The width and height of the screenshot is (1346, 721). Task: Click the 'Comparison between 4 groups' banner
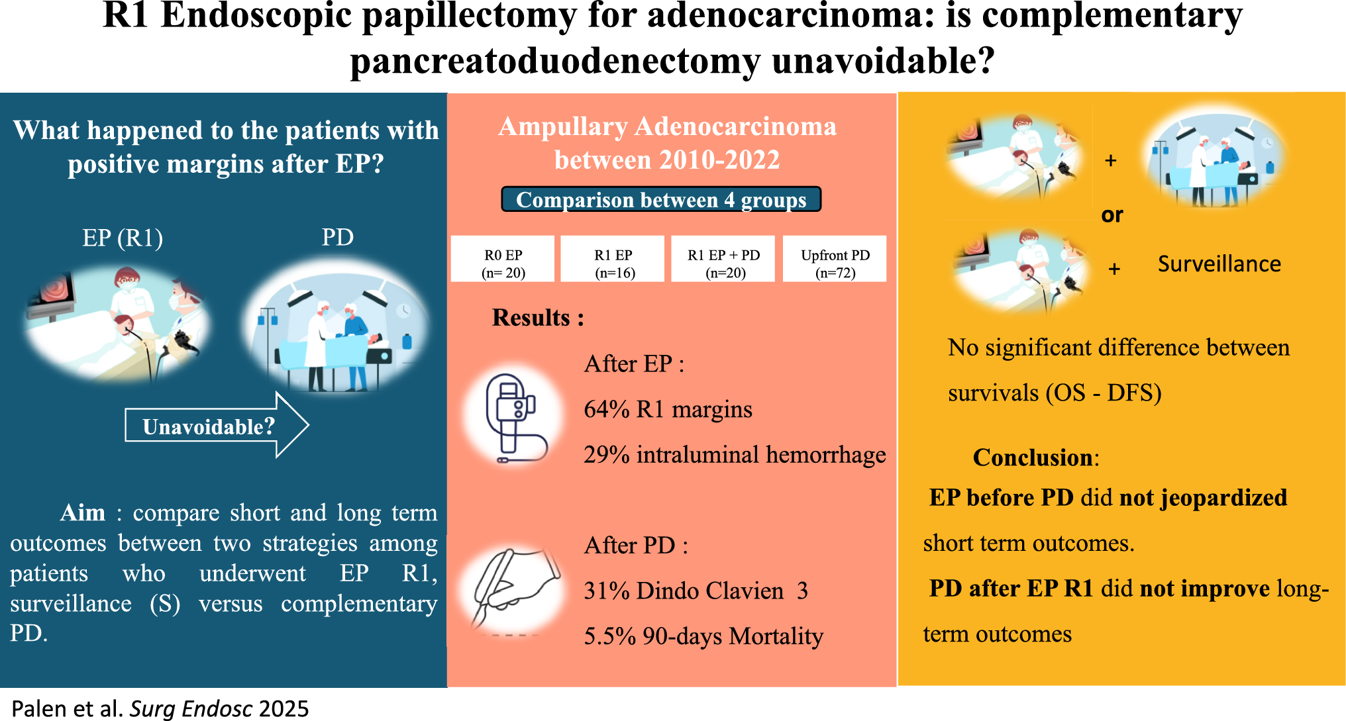[661, 199]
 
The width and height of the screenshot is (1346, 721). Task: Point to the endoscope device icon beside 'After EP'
[514, 417]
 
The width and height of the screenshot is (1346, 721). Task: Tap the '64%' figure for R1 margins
[606, 410]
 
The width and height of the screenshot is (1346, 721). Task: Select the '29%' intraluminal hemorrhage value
[606, 456]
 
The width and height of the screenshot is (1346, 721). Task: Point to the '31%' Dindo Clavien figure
[606, 591]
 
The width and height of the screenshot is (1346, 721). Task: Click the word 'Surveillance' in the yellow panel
[1219, 264]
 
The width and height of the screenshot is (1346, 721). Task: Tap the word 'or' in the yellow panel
[1112, 215]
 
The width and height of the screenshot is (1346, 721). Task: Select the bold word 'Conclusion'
[1032, 457]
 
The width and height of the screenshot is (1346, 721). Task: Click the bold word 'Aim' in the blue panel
[83, 513]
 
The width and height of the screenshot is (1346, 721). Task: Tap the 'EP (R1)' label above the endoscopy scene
[123, 238]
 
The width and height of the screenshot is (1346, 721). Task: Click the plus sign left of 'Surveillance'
[1114, 269]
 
